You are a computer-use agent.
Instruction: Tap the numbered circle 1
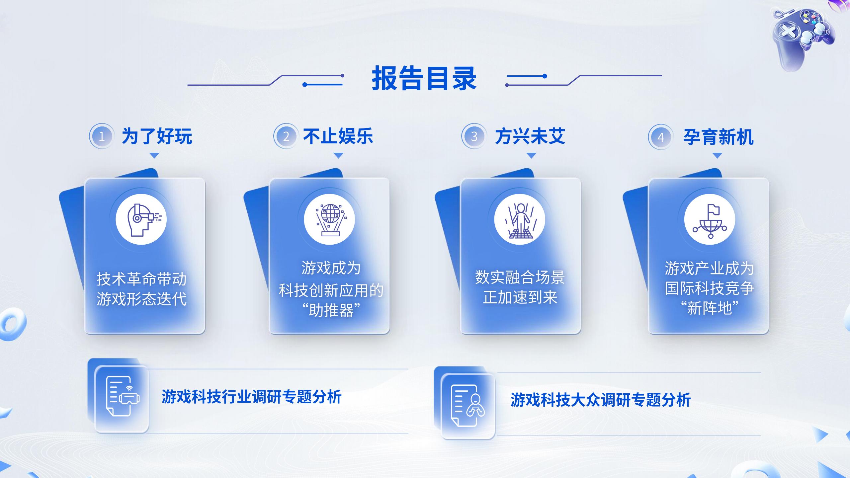[x=102, y=136]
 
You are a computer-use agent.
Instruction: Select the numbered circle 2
[x=286, y=136]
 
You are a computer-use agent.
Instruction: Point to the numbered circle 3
[x=474, y=136]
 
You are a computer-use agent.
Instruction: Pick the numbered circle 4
[x=661, y=137]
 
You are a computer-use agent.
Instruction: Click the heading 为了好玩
[x=157, y=136]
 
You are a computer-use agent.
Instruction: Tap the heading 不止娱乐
[x=338, y=136]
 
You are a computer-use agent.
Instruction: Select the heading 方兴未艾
[x=530, y=136]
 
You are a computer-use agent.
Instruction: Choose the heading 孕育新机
[x=718, y=137]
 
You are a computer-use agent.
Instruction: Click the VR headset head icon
[x=141, y=219]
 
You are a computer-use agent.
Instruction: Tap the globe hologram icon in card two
[x=329, y=219]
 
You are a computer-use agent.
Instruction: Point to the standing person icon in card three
[x=520, y=219]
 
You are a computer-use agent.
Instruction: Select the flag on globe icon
[x=710, y=219]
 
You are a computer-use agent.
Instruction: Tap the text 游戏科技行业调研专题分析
[x=251, y=397]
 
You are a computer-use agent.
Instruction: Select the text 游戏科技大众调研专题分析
[x=600, y=400]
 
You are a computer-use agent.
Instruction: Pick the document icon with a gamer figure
[x=467, y=405]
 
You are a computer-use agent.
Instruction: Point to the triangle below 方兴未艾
[x=531, y=155]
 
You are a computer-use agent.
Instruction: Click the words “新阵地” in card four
[x=709, y=308]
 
